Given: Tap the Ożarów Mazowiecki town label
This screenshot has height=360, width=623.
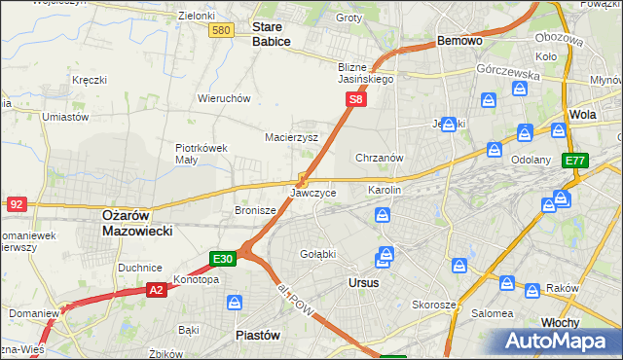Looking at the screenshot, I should pos(137,223).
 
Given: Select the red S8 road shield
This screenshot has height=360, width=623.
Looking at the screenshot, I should pos(357,99).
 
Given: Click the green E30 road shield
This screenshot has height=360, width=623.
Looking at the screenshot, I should pos(223,259).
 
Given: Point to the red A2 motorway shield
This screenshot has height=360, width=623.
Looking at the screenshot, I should pos(156,289).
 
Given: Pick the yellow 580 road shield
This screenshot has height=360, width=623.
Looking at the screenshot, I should pos(221,31).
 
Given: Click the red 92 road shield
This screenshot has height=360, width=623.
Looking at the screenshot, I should pos(16,204).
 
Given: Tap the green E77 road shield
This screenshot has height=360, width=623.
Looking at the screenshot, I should pos(574,161).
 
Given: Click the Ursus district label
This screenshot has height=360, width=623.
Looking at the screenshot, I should pos(363,282).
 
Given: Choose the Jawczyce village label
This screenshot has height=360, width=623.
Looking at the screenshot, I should pos(313,193).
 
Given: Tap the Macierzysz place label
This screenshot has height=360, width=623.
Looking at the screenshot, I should pos(292,137).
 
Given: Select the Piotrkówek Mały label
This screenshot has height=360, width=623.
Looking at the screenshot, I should pos(201,154).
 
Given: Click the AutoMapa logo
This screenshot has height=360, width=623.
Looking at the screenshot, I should pos(555,341).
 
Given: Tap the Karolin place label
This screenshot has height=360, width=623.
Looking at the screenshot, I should pos(385,190).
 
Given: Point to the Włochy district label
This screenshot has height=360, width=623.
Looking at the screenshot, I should pos(561,320).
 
